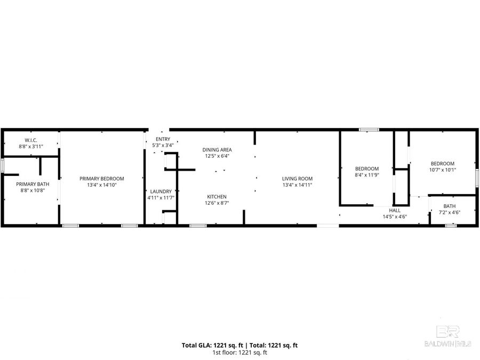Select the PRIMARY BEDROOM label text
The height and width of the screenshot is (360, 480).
[102, 179]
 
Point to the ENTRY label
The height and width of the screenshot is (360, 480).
[163, 139]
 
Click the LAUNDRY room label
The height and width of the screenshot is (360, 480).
[161, 191]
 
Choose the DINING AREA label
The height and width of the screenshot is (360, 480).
[217, 150]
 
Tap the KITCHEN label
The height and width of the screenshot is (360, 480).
[217, 196]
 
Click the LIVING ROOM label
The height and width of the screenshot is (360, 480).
[298, 179]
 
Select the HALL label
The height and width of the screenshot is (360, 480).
[395, 211]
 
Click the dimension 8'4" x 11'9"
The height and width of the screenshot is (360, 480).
[367, 175]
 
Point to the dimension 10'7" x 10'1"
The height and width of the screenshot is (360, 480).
[443, 170]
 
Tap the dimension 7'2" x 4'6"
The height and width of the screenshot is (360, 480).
[450, 212]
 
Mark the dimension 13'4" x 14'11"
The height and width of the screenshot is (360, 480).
[298, 185]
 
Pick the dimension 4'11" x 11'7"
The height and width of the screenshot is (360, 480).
[161, 198]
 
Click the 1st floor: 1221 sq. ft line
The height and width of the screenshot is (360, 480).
[240, 352]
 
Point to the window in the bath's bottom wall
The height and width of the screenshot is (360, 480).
[451, 226]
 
